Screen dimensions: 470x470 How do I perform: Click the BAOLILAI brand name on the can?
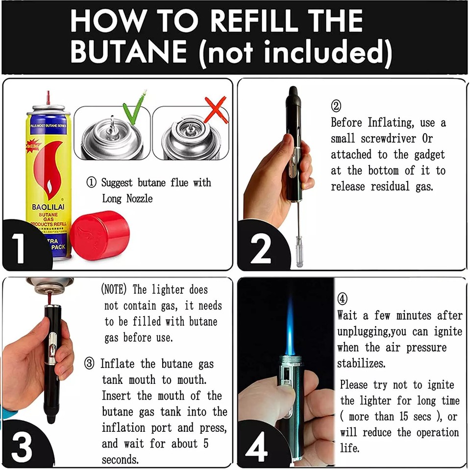(48, 207)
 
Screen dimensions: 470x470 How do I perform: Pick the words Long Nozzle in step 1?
(127, 198)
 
